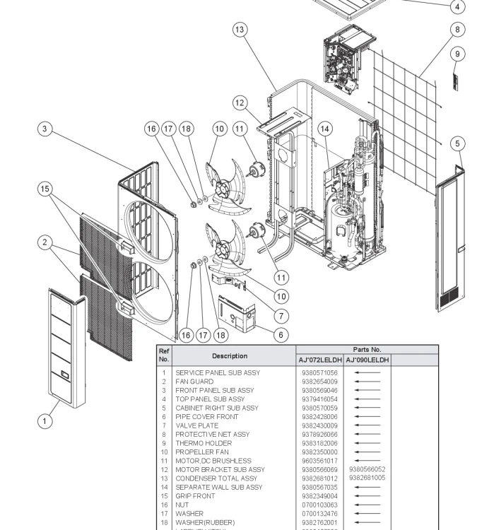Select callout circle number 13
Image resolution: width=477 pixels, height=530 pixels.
[x=240, y=29]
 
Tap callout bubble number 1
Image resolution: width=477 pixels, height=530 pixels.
[x=45, y=420]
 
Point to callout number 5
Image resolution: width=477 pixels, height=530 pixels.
[x=457, y=143]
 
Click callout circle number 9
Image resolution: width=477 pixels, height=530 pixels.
[x=457, y=54]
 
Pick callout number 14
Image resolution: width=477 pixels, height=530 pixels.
[x=324, y=129]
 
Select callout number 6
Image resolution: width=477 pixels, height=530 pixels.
[x=281, y=334]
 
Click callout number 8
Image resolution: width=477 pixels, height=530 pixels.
[x=457, y=29]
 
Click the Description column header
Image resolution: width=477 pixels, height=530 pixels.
[x=230, y=355]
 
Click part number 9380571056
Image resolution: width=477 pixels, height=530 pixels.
[x=319, y=372]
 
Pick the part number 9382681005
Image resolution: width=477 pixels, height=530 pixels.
[x=367, y=478]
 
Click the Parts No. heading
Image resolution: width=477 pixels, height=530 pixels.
[x=367, y=349]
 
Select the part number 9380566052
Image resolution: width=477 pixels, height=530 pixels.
[x=367, y=469]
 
